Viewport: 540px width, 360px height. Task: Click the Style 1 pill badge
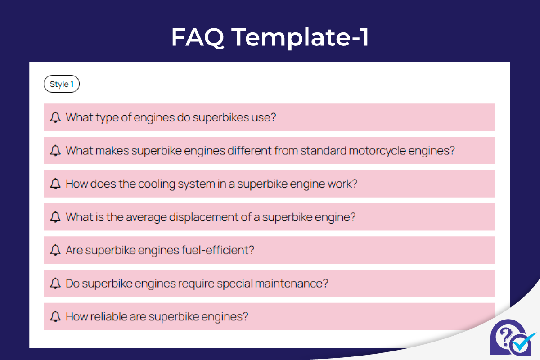(x=62, y=84)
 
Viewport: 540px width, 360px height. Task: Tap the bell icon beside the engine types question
(x=55, y=118)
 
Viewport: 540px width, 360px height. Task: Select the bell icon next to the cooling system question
(x=55, y=184)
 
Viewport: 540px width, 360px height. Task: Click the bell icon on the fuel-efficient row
(x=55, y=250)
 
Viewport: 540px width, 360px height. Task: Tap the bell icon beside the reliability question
(x=55, y=317)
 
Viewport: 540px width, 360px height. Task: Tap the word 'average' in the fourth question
(x=144, y=217)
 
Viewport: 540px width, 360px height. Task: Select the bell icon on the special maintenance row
(x=55, y=283)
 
